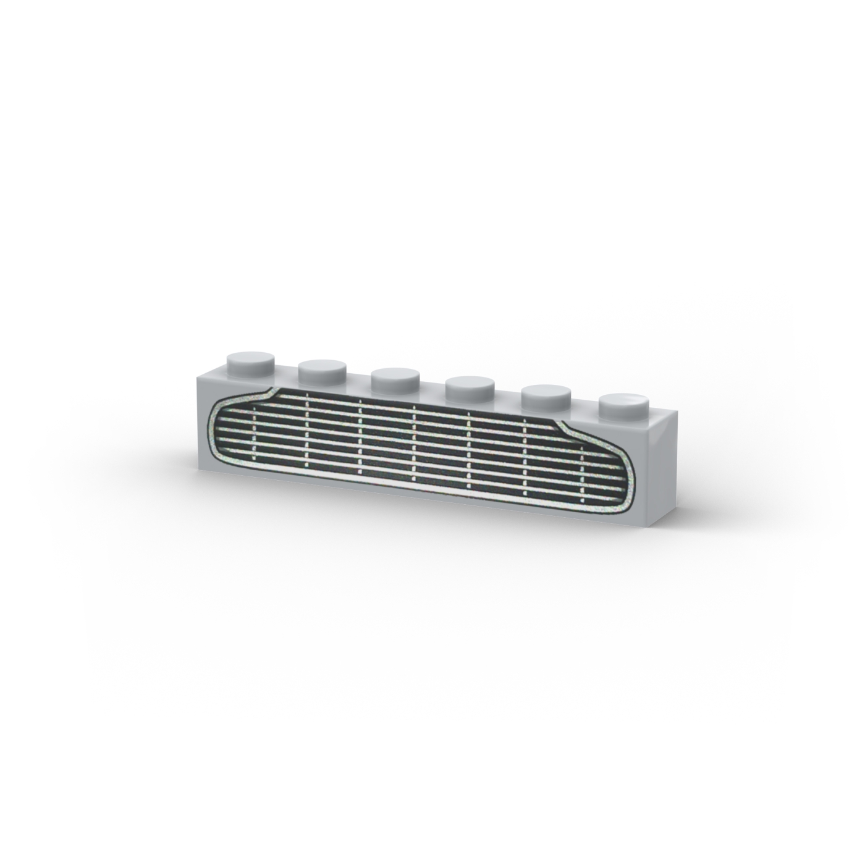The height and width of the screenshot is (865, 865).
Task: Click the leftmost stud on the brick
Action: click(250, 361)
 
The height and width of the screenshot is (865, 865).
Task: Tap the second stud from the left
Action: click(322, 371)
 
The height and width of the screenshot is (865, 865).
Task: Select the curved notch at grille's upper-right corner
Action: click(563, 427)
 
